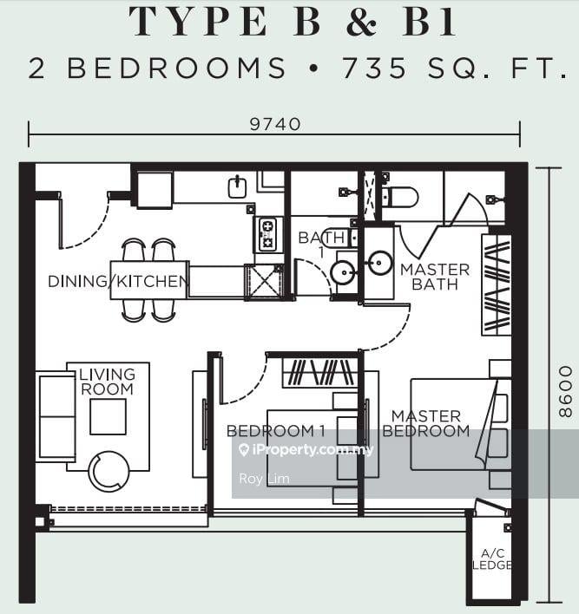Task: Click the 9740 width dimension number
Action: click(274, 124)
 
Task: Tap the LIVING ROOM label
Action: click(108, 382)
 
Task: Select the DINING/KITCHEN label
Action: click(118, 281)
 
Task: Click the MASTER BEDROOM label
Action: click(425, 424)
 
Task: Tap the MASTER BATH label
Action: click(435, 277)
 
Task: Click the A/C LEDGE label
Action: click(491, 559)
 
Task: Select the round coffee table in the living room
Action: click(109, 471)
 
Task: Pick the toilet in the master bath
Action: click(399, 197)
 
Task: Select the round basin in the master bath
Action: click(379, 264)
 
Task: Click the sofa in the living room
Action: click(56, 417)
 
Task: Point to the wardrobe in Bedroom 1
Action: click(319, 373)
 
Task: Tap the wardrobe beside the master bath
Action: click(497, 284)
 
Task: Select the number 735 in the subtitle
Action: click(376, 68)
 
